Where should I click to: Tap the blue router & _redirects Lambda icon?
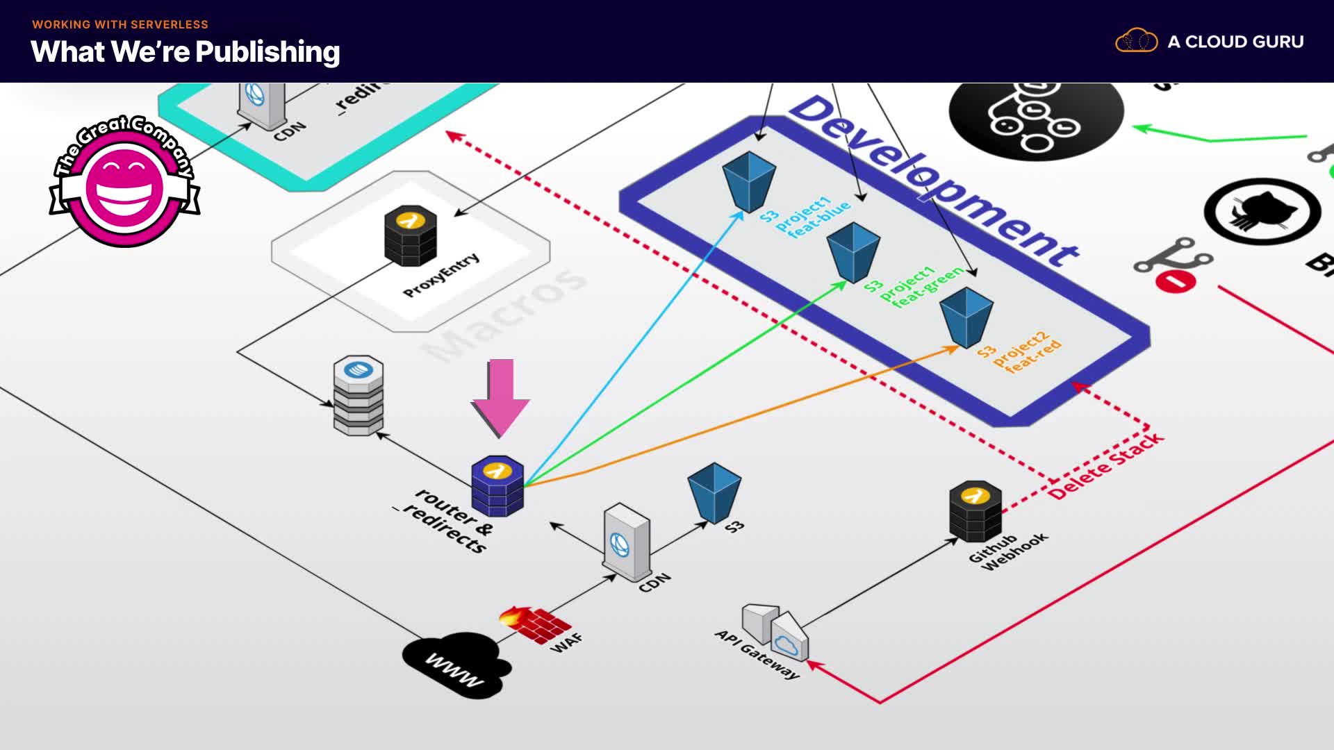click(497, 485)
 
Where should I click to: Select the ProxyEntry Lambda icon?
click(411, 235)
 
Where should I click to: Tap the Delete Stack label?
click(1105, 465)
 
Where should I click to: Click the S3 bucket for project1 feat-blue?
click(749, 181)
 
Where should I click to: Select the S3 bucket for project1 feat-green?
click(853, 251)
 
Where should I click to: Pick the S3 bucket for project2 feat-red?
click(966, 317)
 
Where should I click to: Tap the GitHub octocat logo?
click(1262, 212)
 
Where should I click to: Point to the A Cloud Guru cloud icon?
click(1136, 41)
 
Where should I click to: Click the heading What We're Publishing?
click(186, 52)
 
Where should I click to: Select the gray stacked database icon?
click(359, 395)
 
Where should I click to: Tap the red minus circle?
click(1176, 281)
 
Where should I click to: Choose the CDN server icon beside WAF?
click(627, 542)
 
